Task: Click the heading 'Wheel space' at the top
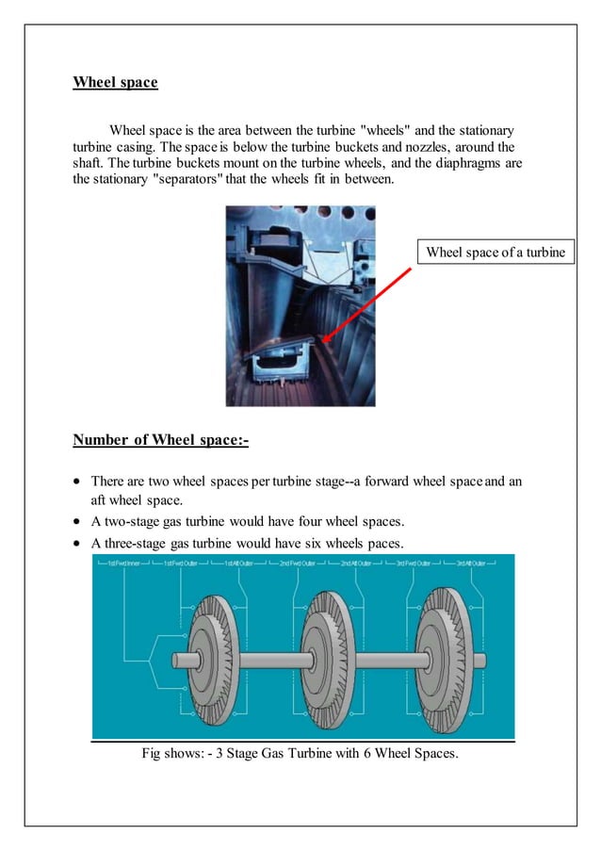[x=115, y=82]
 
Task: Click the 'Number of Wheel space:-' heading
[x=160, y=440]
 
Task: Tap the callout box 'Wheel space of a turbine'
[x=495, y=252]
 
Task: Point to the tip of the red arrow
[x=322, y=341]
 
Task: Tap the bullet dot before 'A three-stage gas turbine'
[x=78, y=543]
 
